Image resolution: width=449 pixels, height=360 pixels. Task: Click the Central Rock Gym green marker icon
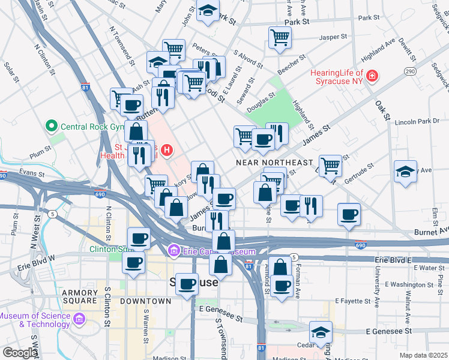click(52, 127)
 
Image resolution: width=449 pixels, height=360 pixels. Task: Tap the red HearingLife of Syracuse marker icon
click(372, 76)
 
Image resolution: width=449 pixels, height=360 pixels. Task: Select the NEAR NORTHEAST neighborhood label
click(274, 163)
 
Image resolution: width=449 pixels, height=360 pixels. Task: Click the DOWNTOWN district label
click(145, 301)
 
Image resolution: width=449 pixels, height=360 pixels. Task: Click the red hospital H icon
click(170, 149)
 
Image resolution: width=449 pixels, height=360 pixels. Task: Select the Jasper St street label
click(334, 37)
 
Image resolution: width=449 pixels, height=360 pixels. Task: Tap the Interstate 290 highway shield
click(410, 71)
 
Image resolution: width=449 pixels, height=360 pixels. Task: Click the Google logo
click(20, 353)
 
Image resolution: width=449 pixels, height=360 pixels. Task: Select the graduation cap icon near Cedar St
click(321, 332)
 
